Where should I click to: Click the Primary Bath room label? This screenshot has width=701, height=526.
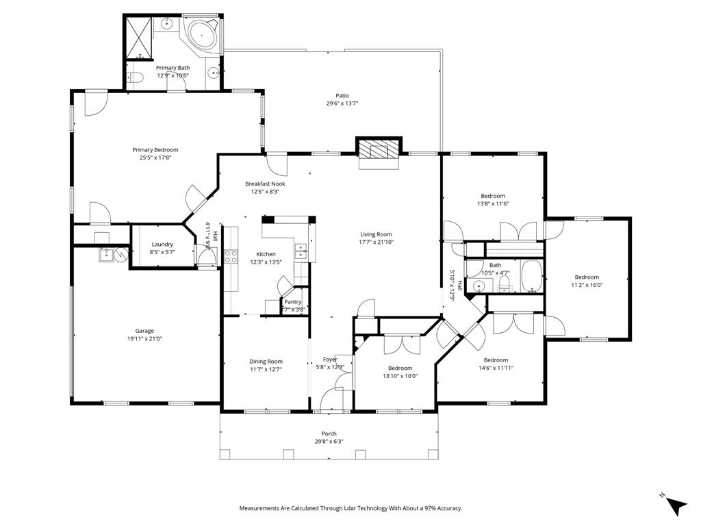click(x=173, y=68)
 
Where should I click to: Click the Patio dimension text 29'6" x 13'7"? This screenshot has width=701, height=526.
click(x=342, y=103)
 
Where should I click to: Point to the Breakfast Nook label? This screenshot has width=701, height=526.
click(x=265, y=184)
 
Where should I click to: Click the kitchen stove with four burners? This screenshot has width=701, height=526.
click(x=231, y=257)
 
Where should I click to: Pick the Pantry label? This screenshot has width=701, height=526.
click(x=293, y=301)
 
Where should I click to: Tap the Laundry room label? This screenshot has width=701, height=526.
click(x=162, y=244)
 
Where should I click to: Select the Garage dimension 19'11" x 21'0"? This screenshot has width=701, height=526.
click(x=144, y=338)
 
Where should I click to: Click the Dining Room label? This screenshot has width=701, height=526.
click(x=266, y=362)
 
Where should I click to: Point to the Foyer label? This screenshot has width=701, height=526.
click(x=330, y=359)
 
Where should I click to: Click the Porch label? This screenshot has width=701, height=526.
click(x=329, y=434)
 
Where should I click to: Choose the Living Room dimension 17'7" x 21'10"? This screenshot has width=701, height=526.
click(x=376, y=242)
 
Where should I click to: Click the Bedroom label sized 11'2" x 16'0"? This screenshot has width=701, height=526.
click(x=587, y=277)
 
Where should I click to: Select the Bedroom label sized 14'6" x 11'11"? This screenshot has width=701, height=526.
click(x=496, y=360)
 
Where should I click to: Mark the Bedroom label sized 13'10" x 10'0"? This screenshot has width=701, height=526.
click(x=400, y=368)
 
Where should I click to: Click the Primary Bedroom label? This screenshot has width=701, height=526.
click(x=155, y=150)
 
